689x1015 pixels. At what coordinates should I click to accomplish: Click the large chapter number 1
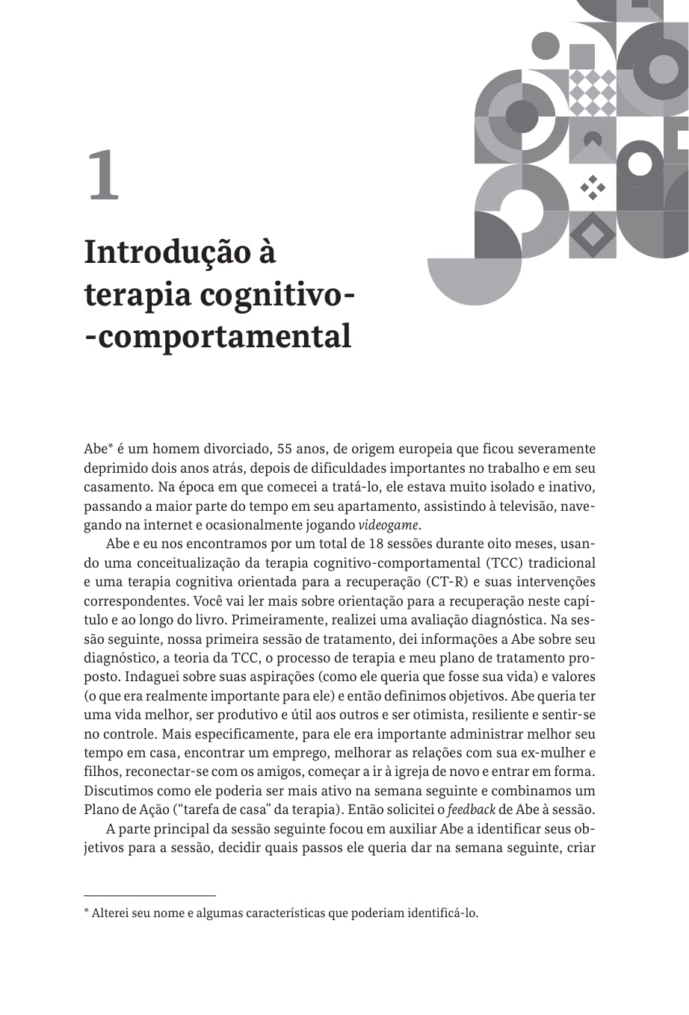click(103, 176)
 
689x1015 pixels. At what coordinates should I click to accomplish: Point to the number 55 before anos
click(285, 450)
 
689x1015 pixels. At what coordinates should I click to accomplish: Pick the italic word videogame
click(389, 524)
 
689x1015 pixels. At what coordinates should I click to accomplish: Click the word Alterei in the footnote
click(111, 913)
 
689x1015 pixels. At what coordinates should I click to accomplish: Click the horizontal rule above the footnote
click(149, 895)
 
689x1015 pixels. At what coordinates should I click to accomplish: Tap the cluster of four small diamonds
click(593, 187)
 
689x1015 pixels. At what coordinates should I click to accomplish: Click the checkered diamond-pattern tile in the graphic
click(593, 92)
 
